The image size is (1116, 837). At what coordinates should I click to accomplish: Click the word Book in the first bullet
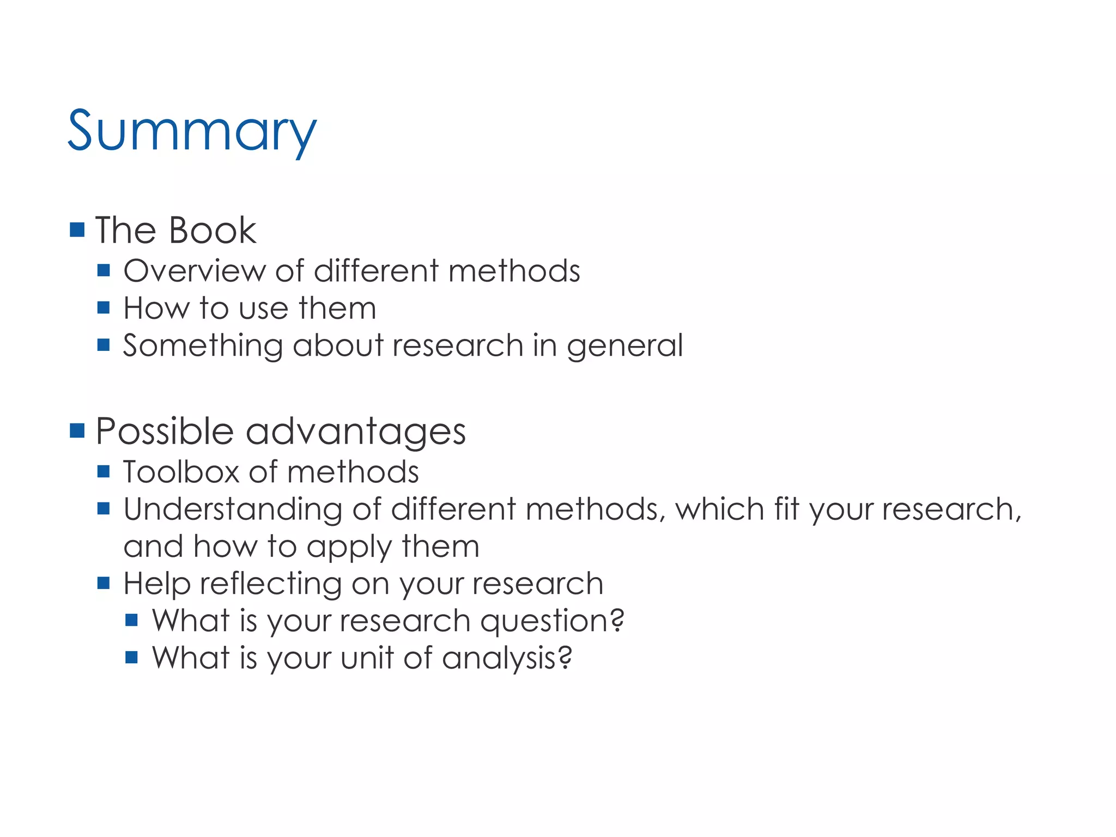pyautogui.click(x=213, y=230)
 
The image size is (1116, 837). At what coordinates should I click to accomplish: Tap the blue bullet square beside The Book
pyautogui.click(x=77, y=229)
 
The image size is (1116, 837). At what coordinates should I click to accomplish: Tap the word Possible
pyautogui.click(x=165, y=431)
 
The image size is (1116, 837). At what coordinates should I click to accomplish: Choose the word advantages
pyautogui.click(x=356, y=432)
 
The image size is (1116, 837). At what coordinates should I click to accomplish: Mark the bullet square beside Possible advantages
pyautogui.click(x=77, y=430)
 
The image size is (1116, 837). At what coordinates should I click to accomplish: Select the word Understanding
pyautogui.click(x=233, y=510)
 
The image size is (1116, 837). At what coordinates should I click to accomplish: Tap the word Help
pyautogui.click(x=157, y=584)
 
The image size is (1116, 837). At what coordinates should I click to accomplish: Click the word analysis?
pyautogui.click(x=507, y=658)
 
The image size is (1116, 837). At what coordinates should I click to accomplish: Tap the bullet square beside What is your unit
pyautogui.click(x=131, y=657)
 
